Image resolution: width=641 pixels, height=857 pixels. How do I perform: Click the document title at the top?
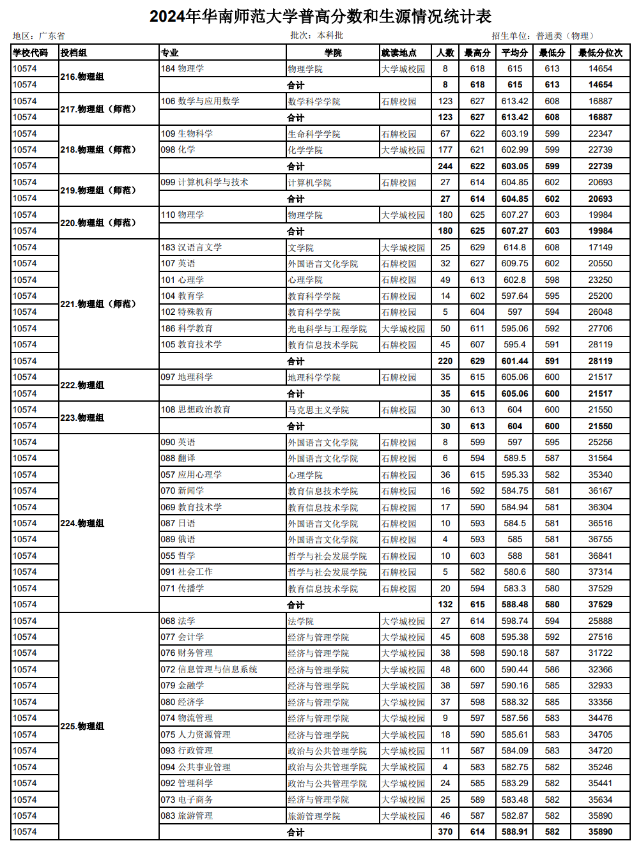(320, 16)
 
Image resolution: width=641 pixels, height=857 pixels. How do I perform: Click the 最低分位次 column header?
(600, 52)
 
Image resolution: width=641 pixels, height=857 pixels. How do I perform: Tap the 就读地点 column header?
(399, 52)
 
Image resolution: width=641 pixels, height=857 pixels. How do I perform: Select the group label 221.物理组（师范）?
(98, 304)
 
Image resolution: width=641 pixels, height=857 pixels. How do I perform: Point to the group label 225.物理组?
(82, 726)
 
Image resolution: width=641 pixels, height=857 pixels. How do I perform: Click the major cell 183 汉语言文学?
(192, 247)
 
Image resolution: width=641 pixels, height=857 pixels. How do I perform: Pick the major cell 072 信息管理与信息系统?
(209, 669)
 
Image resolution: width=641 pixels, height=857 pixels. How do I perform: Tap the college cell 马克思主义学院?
(318, 410)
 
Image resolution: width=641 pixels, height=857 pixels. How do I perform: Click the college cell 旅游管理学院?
(314, 816)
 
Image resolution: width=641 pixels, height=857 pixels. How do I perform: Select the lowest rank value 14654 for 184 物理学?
(600, 68)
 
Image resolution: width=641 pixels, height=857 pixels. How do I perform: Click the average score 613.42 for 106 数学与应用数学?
(514, 101)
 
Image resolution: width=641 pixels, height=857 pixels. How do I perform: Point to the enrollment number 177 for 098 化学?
(445, 149)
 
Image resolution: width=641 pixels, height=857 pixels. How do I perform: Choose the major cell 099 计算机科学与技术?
(205, 182)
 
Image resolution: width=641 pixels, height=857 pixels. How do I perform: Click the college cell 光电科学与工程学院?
(327, 329)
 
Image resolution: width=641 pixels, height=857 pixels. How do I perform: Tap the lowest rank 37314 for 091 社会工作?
(600, 572)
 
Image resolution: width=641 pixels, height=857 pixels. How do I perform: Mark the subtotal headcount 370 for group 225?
(445, 832)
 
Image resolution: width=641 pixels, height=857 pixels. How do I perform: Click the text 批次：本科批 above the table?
(316, 36)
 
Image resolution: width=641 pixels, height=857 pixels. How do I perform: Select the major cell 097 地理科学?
(187, 377)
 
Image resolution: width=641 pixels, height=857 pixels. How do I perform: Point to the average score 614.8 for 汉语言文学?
(514, 247)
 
